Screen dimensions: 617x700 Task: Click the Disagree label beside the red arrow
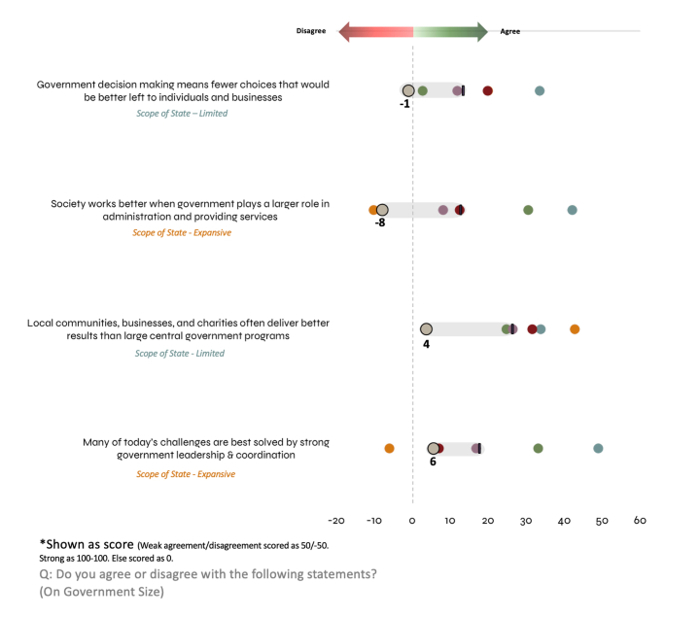click(x=311, y=31)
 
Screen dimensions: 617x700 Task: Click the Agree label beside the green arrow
click(x=510, y=31)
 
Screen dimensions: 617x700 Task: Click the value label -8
click(x=380, y=223)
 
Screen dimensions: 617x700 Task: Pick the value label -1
click(x=404, y=104)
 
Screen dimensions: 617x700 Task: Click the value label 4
click(x=426, y=343)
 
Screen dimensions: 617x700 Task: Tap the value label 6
click(x=433, y=462)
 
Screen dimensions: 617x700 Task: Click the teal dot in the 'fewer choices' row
click(x=540, y=91)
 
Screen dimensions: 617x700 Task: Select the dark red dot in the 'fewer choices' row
click(x=487, y=91)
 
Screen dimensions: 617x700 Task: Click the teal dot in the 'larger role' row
click(x=572, y=210)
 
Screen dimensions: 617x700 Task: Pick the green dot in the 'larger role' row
click(x=528, y=210)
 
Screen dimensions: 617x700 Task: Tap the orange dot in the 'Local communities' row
click(x=575, y=329)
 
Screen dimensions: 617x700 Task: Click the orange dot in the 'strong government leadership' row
click(x=389, y=449)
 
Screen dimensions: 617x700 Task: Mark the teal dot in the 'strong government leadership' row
click(x=598, y=448)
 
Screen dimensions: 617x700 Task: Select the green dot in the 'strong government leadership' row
click(x=538, y=448)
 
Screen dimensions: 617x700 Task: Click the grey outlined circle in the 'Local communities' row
click(x=426, y=329)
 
